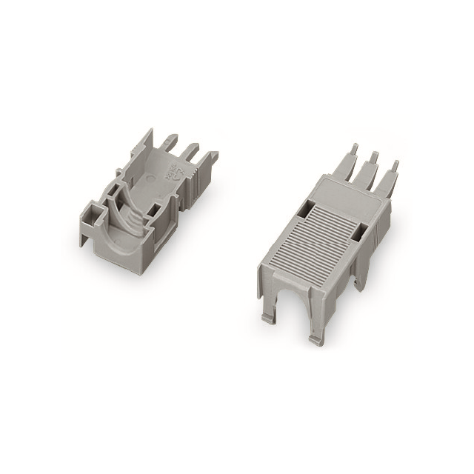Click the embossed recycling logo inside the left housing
point(170,176)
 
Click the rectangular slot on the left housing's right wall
point(158,213)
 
